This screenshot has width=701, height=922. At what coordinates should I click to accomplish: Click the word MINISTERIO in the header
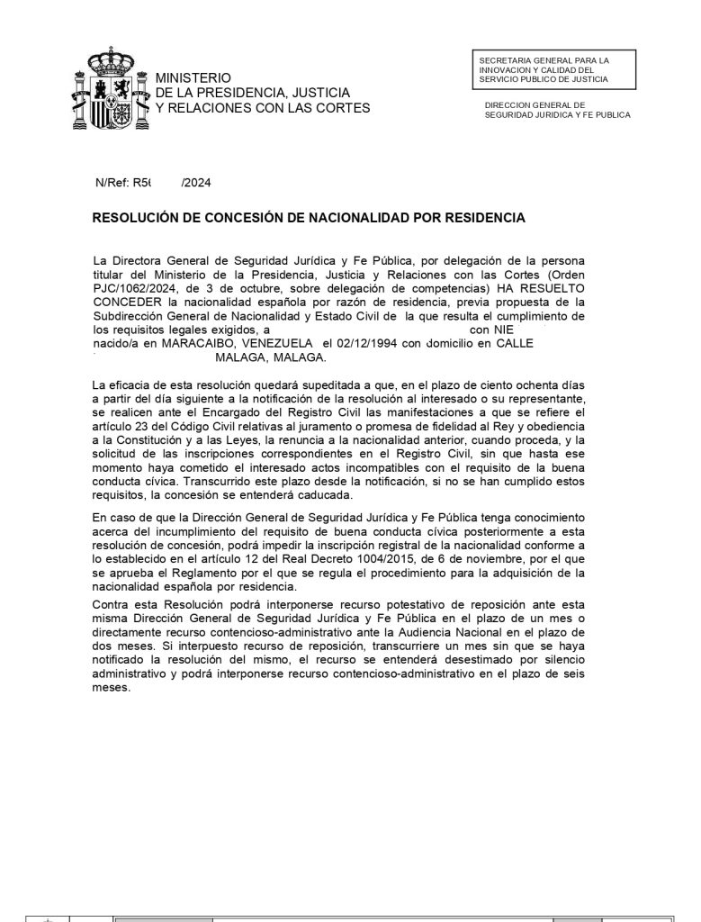click(193, 78)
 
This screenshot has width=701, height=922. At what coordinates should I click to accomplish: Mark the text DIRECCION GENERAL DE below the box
click(535, 104)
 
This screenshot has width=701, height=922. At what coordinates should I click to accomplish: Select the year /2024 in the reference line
click(196, 183)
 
